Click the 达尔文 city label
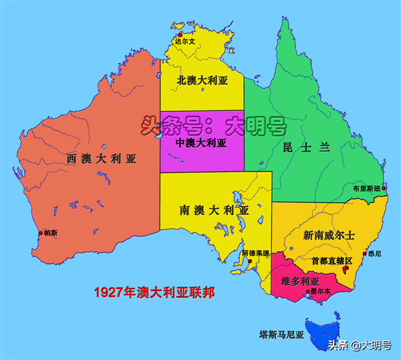[x=184, y=41]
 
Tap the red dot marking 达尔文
[x=180, y=35]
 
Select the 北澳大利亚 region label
[x=202, y=80]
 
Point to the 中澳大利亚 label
[x=201, y=143]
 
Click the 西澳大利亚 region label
[x=101, y=159]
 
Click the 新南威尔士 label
[x=328, y=236]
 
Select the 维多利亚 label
[x=299, y=281]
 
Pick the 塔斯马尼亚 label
[x=281, y=333]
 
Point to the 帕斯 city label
[x=50, y=233]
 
